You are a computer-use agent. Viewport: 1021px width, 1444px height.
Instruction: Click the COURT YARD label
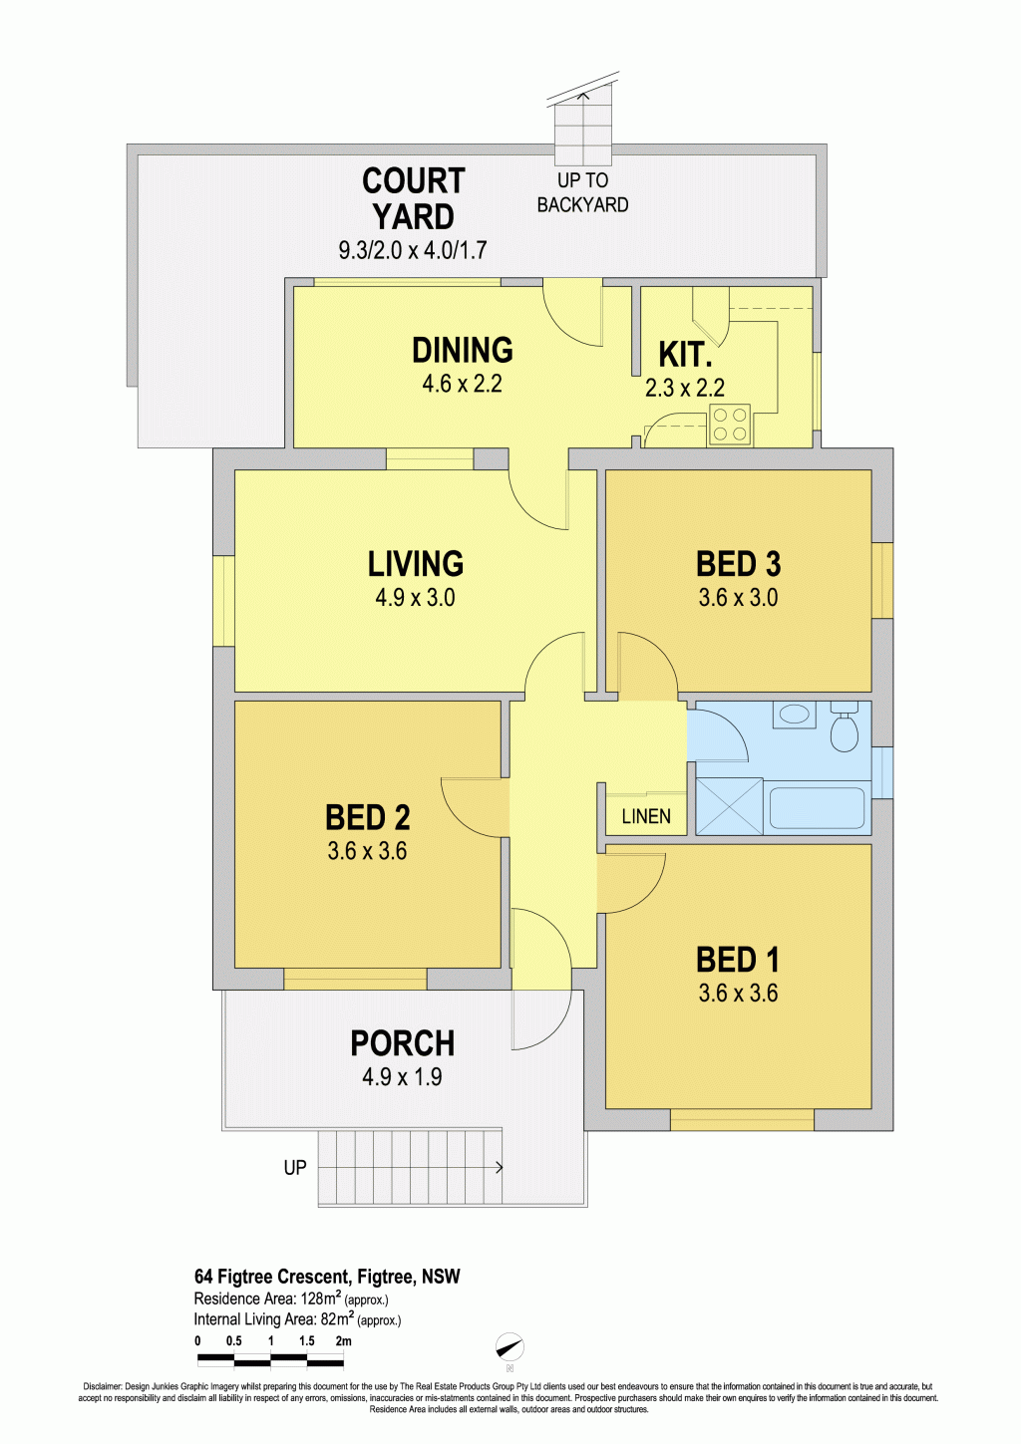click(x=414, y=198)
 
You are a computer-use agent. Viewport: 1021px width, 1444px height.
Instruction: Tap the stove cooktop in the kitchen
click(x=730, y=425)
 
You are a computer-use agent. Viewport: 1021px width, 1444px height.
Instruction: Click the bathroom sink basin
click(x=795, y=715)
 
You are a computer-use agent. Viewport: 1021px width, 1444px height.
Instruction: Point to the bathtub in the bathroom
click(x=818, y=808)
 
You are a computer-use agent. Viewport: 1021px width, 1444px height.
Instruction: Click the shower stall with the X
click(x=730, y=806)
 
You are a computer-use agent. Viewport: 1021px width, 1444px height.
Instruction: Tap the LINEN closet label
click(x=646, y=817)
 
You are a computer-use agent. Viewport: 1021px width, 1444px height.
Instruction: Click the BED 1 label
click(x=738, y=960)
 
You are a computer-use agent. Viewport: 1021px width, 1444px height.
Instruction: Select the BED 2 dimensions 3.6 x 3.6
click(x=367, y=852)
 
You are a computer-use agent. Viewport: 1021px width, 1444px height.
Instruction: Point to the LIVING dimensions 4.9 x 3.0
click(x=416, y=598)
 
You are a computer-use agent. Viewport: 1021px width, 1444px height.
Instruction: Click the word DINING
click(x=463, y=351)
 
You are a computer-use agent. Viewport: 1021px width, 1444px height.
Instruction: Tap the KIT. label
click(x=685, y=355)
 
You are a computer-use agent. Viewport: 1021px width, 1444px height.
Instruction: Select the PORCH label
click(x=403, y=1043)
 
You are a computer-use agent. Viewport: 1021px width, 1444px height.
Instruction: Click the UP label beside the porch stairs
click(x=295, y=1167)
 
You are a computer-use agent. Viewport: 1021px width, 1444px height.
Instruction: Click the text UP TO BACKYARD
click(x=582, y=192)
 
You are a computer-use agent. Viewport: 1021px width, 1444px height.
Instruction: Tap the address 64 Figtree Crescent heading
click(x=327, y=1277)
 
